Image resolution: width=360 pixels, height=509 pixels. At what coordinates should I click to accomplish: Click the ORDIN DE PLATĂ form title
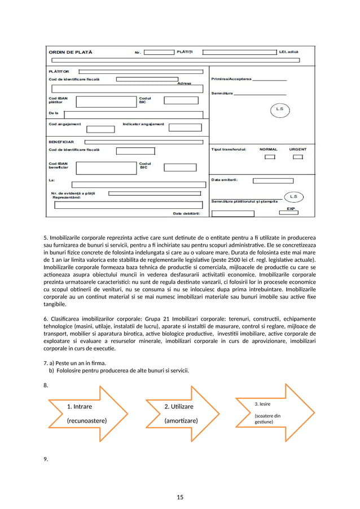click(x=71, y=52)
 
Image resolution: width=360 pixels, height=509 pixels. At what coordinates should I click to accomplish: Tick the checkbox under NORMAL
click(x=270, y=157)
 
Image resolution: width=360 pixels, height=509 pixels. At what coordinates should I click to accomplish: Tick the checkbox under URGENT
click(x=297, y=157)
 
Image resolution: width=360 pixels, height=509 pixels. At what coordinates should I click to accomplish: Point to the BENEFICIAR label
click(x=62, y=142)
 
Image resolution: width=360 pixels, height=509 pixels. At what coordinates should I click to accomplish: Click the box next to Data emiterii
click(x=273, y=181)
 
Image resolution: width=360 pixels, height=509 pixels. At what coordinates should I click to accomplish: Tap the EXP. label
click(x=291, y=208)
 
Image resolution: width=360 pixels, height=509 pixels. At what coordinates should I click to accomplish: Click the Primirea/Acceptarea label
click(x=231, y=79)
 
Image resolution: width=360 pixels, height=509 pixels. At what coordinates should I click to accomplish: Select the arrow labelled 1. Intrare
click(x=90, y=413)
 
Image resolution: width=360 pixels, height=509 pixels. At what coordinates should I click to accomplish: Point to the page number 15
click(x=180, y=497)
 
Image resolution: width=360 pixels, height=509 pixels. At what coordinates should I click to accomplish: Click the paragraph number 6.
click(x=46, y=319)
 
